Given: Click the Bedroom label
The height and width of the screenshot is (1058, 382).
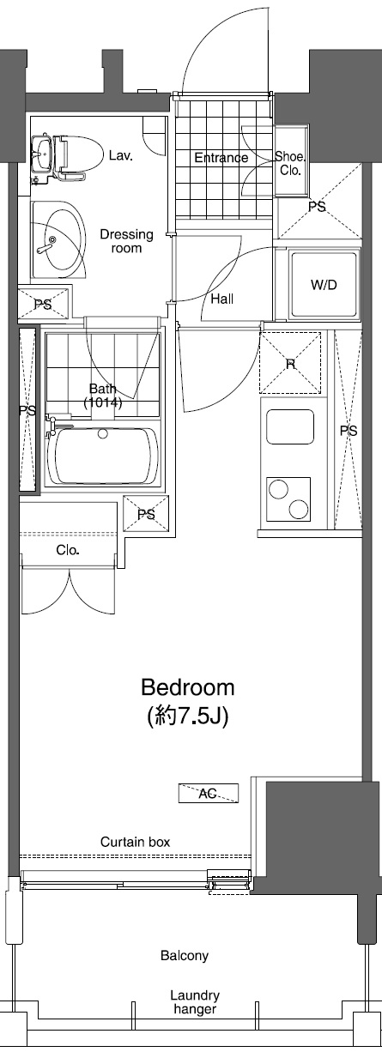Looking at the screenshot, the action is [188, 687].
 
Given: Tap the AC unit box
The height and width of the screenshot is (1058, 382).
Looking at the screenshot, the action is [208, 793].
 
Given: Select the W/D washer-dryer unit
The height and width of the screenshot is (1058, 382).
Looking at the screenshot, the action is [324, 284].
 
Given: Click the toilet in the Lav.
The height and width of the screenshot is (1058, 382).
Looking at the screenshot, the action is [80, 153].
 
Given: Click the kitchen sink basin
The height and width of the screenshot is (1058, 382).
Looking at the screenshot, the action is [290, 427].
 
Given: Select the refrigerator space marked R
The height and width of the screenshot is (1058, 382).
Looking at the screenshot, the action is [290, 363].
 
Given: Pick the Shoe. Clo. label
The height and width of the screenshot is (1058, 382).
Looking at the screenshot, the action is [290, 163].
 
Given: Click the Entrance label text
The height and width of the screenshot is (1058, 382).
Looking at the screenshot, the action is [221, 157].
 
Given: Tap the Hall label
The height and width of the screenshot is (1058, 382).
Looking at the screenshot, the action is [222, 299].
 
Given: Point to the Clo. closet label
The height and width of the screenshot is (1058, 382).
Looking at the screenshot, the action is [68, 550].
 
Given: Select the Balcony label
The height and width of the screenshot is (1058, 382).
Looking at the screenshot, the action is [185, 956].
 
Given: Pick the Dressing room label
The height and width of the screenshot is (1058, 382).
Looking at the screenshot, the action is [127, 241].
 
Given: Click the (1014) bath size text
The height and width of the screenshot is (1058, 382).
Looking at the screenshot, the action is [103, 403].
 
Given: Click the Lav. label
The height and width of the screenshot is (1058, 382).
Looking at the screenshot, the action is [120, 155].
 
